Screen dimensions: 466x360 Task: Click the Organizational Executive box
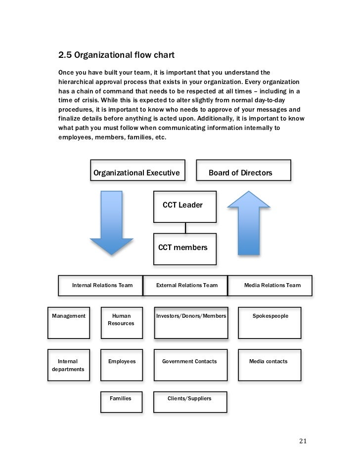click(137, 172)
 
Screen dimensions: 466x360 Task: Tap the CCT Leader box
click(185, 206)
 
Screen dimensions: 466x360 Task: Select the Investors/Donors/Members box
click(191, 324)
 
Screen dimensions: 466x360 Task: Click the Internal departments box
click(69, 366)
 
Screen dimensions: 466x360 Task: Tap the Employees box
click(122, 366)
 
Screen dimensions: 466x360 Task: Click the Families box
click(121, 402)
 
